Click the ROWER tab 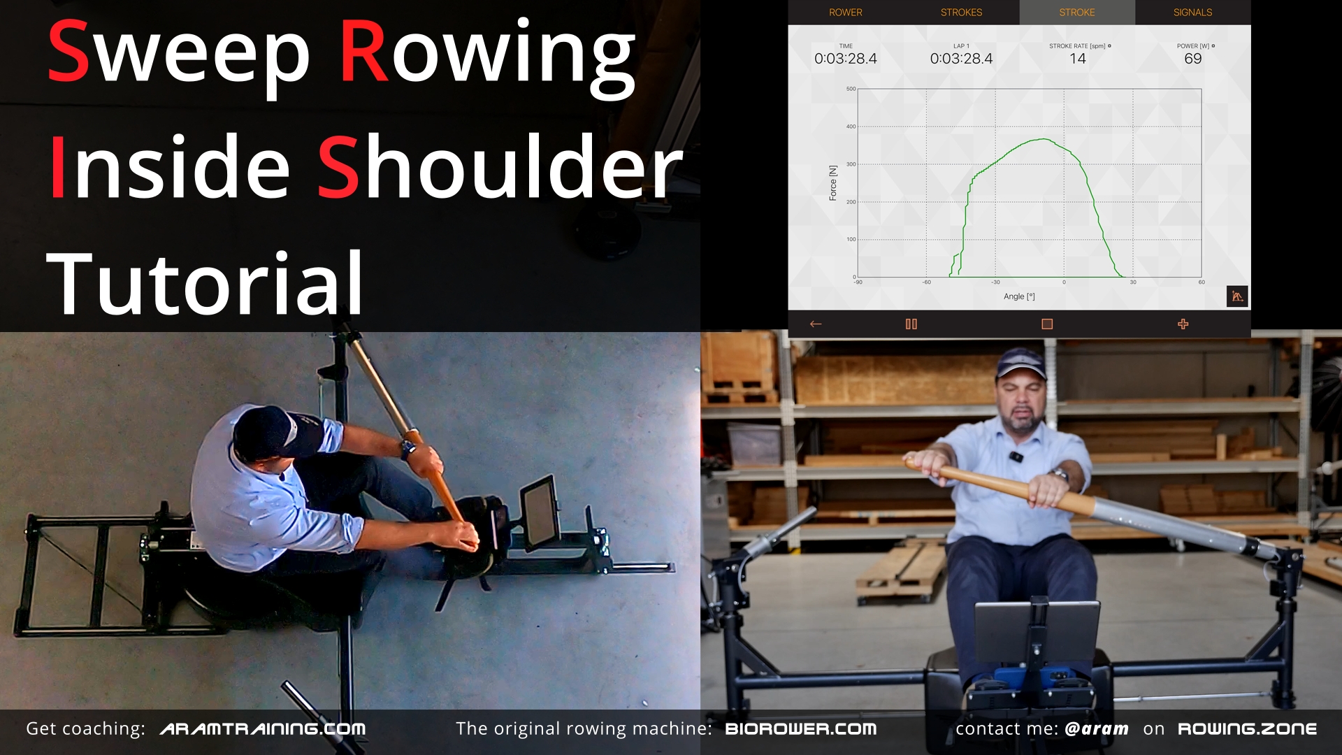click(x=845, y=13)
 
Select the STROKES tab click(x=961, y=13)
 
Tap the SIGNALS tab click(x=1192, y=13)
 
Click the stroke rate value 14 click(x=1078, y=59)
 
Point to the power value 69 click(x=1193, y=59)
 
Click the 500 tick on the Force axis click(x=851, y=89)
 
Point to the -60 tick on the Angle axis click(x=927, y=282)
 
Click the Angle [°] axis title click(x=1019, y=296)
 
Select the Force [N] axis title click(x=832, y=183)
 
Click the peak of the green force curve click(x=1044, y=139)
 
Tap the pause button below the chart click(x=911, y=324)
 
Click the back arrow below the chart click(x=816, y=324)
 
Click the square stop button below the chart click(x=1047, y=324)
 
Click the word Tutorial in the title click(x=205, y=283)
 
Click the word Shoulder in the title click(x=500, y=168)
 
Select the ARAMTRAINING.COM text click(x=263, y=729)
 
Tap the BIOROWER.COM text click(x=801, y=729)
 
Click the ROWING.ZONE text click(x=1247, y=729)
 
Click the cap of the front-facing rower click(x=1022, y=364)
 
